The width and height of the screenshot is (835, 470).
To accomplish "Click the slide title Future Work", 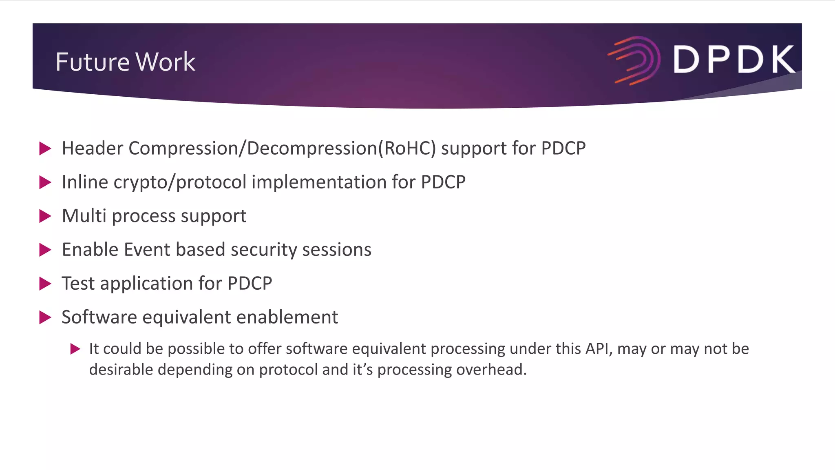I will click(125, 62).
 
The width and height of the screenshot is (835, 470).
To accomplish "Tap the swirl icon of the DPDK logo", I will click(634, 60).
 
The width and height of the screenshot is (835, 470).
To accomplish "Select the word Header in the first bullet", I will click(92, 148).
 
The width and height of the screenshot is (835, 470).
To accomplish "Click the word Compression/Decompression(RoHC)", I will click(282, 149).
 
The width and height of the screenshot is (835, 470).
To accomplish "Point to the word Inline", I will click(85, 182).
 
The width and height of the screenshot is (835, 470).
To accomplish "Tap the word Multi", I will click(84, 216).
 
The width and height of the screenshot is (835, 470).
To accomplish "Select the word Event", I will click(147, 250).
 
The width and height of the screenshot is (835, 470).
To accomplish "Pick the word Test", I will click(78, 284).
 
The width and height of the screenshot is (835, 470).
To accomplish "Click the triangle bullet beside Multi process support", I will click(45, 216).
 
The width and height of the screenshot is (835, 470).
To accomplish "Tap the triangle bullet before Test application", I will click(45, 284).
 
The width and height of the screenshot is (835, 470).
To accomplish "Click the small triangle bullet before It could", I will click(75, 349).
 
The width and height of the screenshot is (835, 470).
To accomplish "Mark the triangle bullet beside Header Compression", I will click(45, 149).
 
